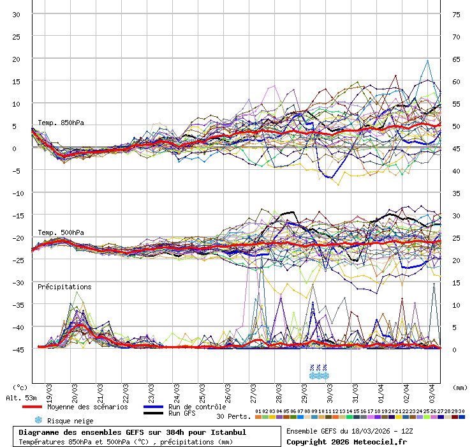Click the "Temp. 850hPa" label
point(61,123)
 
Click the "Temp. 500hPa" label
point(61,232)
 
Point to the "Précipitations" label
point(64,287)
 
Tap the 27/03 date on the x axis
point(253,388)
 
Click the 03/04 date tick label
point(432,388)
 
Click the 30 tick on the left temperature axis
point(16,14)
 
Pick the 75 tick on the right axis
point(456,14)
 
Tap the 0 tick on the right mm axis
point(455,349)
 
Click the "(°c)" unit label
point(20,388)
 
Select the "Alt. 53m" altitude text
point(20,398)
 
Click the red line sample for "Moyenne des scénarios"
point(31,407)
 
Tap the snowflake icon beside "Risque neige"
point(38,420)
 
